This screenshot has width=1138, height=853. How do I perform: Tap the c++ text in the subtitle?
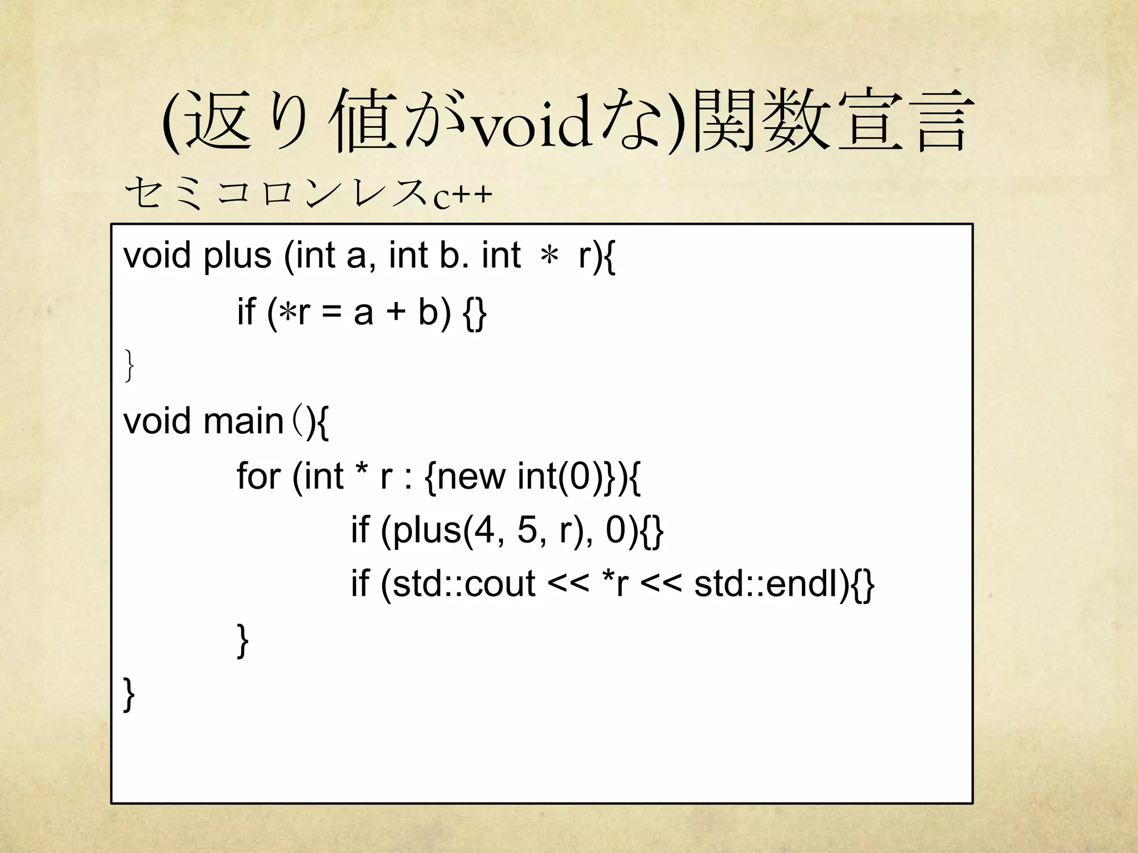[462, 195]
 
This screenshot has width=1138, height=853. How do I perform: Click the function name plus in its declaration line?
[237, 257]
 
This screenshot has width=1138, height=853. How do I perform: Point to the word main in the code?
[243, 422]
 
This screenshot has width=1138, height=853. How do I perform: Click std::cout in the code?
[463, 584]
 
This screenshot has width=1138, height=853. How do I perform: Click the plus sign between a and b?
[396, 312]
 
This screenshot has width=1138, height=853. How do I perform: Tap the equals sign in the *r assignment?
[331, 312]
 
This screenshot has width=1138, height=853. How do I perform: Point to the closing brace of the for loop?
[242, 640]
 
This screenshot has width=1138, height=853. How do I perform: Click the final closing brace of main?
[129, 694]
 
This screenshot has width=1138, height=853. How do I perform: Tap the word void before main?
[157, 422]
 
